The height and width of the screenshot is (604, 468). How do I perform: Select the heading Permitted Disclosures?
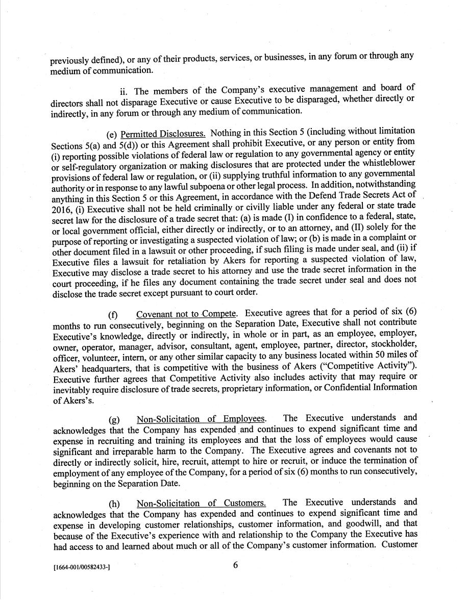click(x=163, y=134)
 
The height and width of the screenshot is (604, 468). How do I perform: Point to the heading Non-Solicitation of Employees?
click(x=201, y=419)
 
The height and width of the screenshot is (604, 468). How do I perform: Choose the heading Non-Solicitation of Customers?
click(x=201, y=502)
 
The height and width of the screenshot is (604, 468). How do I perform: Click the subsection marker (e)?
click(x=112, y=134)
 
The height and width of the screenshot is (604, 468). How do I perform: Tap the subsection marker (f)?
click(x=112, y=314)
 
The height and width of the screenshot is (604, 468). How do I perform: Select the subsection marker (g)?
click(x=114, y=419)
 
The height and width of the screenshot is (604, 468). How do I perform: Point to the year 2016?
click(x=61, y=206)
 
